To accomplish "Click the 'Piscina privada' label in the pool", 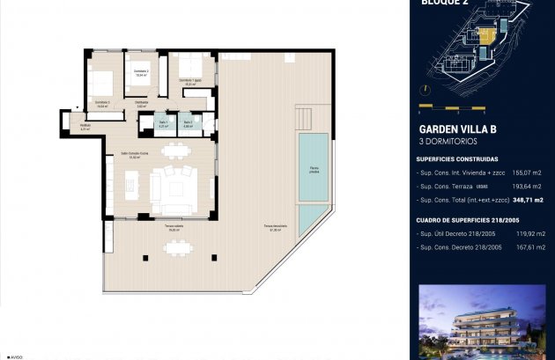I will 314,170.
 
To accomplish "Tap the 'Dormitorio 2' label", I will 140,72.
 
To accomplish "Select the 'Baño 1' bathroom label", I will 163,123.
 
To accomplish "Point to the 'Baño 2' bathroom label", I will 188,123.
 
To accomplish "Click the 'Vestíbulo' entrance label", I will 85,126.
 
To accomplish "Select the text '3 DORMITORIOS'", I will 447,142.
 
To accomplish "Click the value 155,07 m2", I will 526,173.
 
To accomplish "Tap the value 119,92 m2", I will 526,234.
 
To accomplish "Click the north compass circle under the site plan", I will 427,91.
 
